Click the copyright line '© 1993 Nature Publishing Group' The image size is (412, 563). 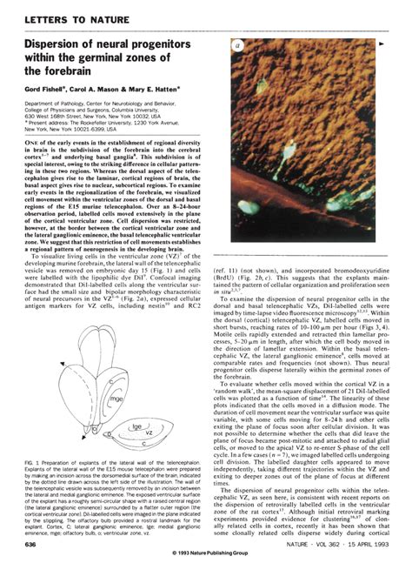pyautogui.click(x=205, y=556)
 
